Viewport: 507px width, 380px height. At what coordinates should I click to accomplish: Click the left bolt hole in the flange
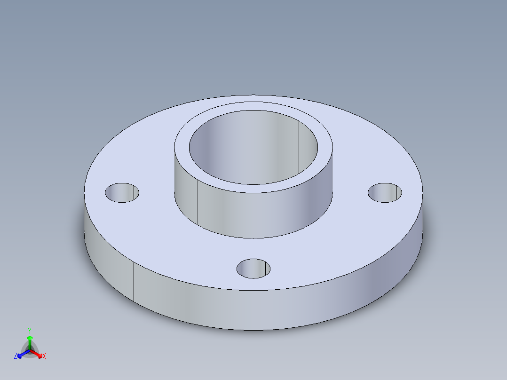(x=122, y=193)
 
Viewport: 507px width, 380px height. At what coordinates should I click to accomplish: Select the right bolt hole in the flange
(x=385, y=193)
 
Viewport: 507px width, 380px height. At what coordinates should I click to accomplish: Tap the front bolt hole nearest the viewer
(x=253, y=268)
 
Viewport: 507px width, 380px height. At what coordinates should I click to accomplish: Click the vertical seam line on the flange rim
(x=134, y=282)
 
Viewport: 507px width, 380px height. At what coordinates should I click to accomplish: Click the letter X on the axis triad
(x=44, y=356)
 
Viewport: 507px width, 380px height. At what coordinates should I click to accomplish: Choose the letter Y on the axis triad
(x=30, y=331)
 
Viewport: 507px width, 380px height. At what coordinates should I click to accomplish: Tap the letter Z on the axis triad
(x=16, y=356)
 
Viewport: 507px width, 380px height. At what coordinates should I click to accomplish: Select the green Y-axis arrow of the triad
(x=30, y=340)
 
